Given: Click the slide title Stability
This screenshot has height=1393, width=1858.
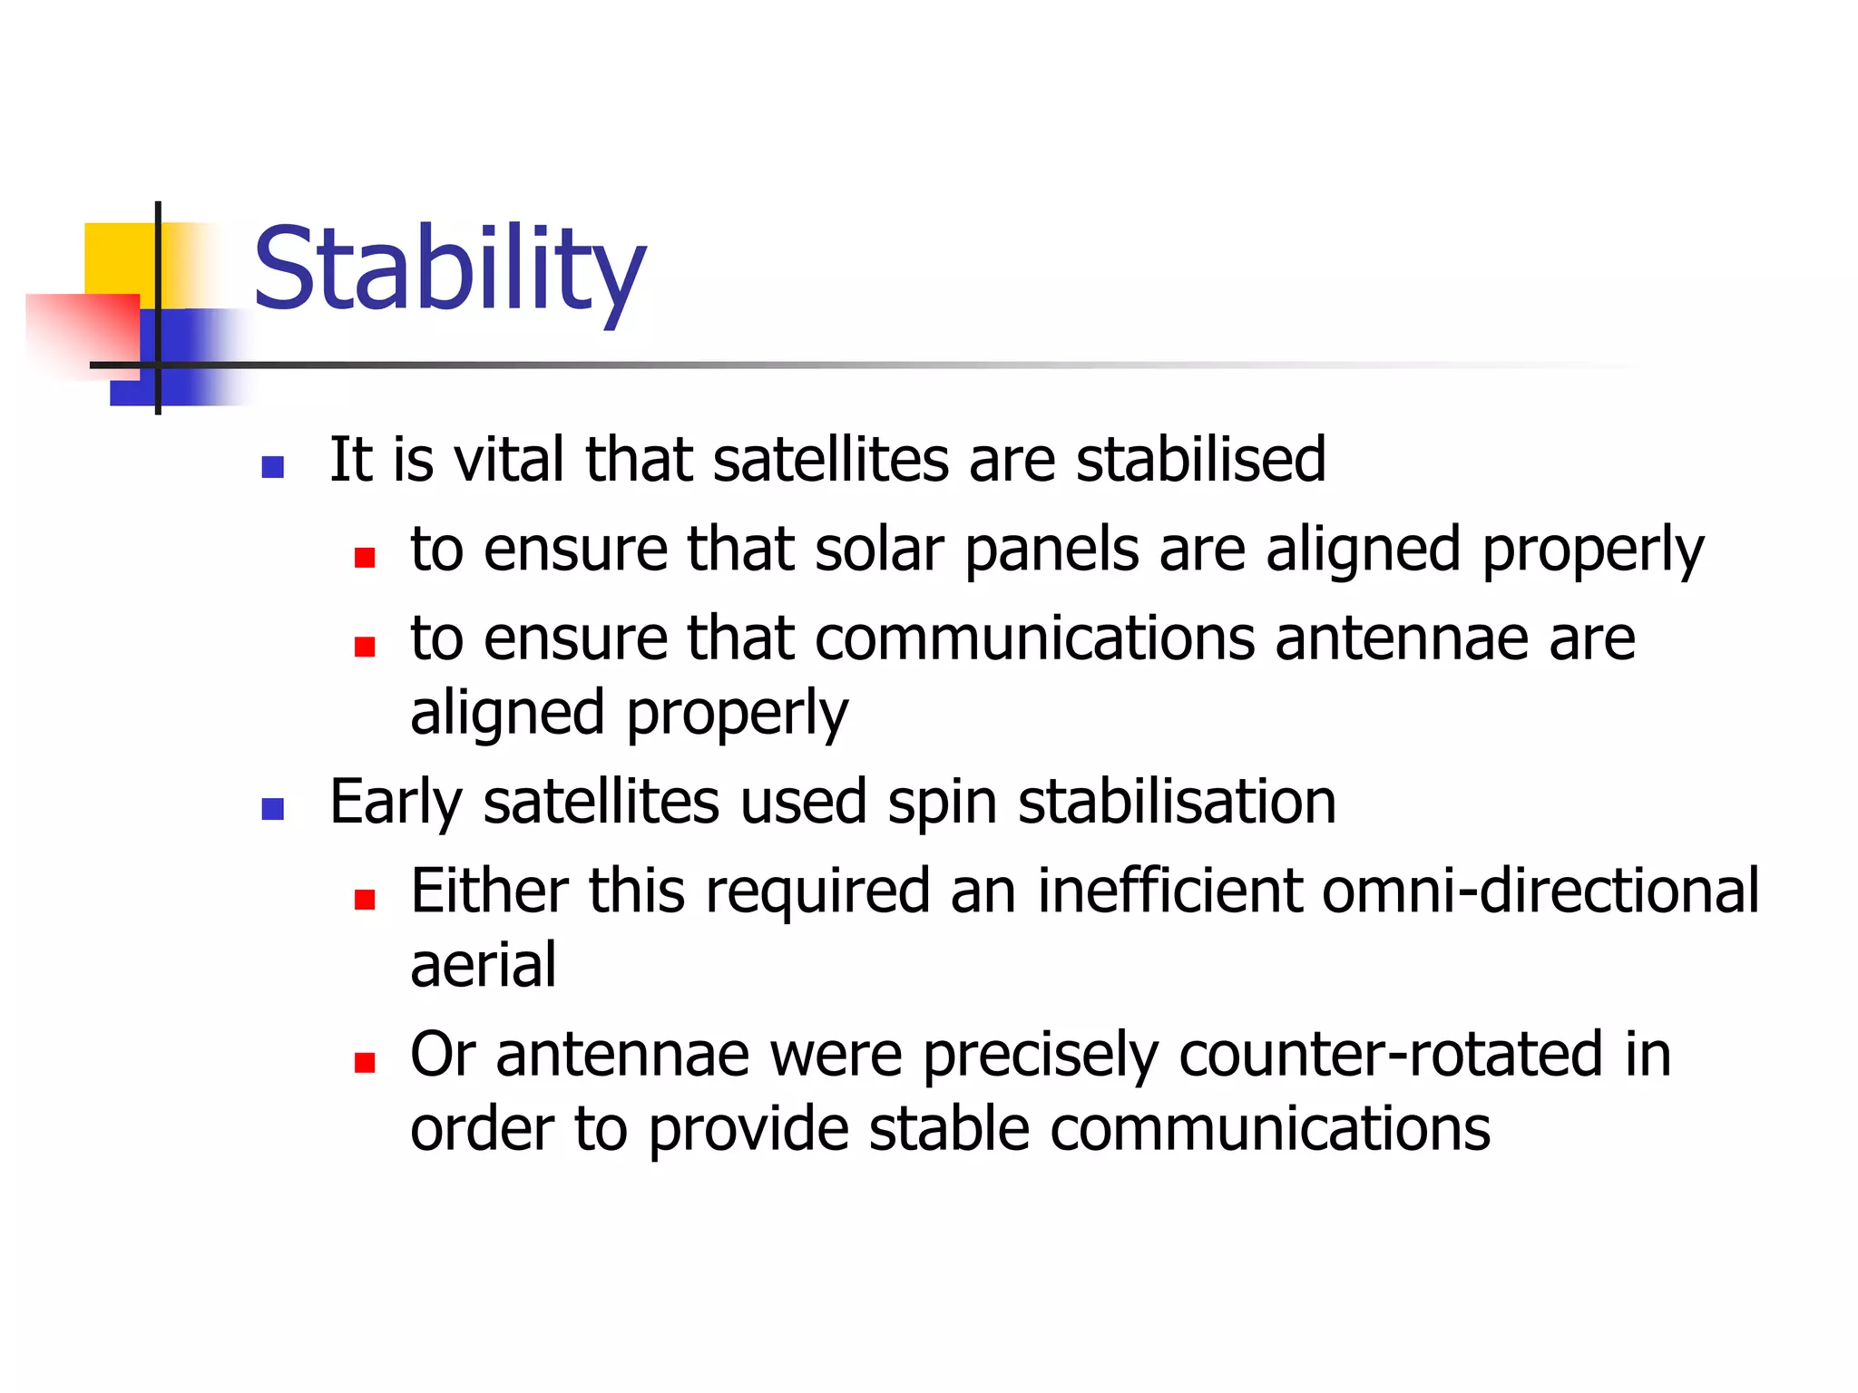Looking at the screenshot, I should click(449, 269).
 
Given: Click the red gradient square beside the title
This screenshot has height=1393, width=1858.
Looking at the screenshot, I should click(86, 331).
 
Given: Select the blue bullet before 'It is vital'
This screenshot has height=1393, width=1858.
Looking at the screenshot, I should click(272, 467).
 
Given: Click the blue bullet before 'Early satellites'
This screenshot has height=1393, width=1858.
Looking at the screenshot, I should click(272, 809).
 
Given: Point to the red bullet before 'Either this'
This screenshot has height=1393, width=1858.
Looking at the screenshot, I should click(365, 899).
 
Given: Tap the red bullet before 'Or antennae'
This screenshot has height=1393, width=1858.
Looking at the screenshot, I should click(365, 1062).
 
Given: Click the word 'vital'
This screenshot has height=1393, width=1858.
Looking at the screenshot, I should click(509, 459).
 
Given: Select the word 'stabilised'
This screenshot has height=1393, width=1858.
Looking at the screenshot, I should click(1200, 459).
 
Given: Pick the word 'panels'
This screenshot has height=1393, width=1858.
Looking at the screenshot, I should click(1051, 551).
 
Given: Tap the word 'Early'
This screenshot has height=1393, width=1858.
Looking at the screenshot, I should click(396, 804).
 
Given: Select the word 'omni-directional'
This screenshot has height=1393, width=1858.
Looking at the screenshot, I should click(1540, 891).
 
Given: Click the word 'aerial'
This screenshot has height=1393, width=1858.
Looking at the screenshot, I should click(483, 965).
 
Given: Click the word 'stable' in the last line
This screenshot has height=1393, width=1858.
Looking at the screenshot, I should click(948, 1129).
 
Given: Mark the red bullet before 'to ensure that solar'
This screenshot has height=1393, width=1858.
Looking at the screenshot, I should click(365, 557).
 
